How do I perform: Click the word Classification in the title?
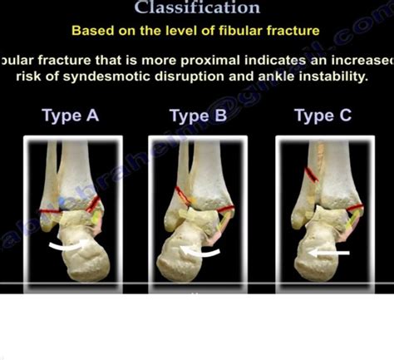[x=197, y=8]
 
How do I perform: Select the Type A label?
[x=73, y=116]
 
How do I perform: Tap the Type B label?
[x=198, y=116]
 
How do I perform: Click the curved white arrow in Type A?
[x=64, y=246]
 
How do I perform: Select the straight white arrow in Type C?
[x=328, y=252]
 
